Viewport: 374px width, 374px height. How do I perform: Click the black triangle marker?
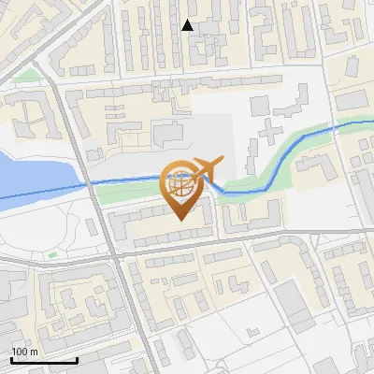[x=188, y=25]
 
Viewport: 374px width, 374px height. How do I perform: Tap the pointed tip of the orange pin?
[x=182, y=221]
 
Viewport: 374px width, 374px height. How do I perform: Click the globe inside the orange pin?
[x=181, y=184]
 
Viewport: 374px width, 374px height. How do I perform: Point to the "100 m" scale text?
[x=25, y=352]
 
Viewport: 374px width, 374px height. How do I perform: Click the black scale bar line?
[x=44, y=360]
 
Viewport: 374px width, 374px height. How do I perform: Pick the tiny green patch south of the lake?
[x=53, y=252]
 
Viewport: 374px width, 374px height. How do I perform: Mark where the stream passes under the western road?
[x=93, y=183]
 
